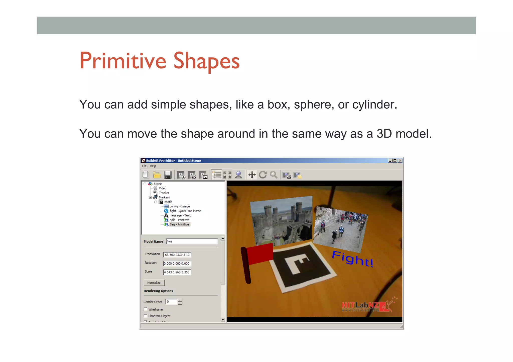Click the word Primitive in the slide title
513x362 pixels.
pyautogui.click(x=123, y=61)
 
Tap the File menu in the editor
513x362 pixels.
pyautogui.click(x=144, y=166)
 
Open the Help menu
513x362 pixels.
pyautogui.click(x=153, y=166)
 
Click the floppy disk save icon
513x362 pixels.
pyautogui.click(x=168, y=175)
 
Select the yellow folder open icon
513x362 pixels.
pyautogui.click(x=157, y=175)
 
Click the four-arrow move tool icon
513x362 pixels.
pyautogui.click(x=252, y=175)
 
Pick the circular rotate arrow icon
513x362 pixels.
pyautogui.click(x=263, y=175)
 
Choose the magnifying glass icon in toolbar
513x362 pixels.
pyautogui.click(x=274, y=175)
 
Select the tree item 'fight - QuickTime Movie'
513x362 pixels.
pyautogui.click(x=185, y=211)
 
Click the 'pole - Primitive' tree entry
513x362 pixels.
pyautogui.click(x=179, y=220)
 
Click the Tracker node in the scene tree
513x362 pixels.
pyautogui.click(x=164, y=193)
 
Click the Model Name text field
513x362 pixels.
pyautogui.click(x=192, y=241)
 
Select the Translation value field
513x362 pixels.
pyautogui.click(x=177, y=255)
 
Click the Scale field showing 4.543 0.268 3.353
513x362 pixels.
pyautogui.click(x=177, y=272)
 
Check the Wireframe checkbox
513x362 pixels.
pyautogui.click(x=146, y=309)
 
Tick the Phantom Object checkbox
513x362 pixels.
pyautogui.click(x=146, y=316)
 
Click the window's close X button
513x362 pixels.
pyautogui.click(x=400, y=161)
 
